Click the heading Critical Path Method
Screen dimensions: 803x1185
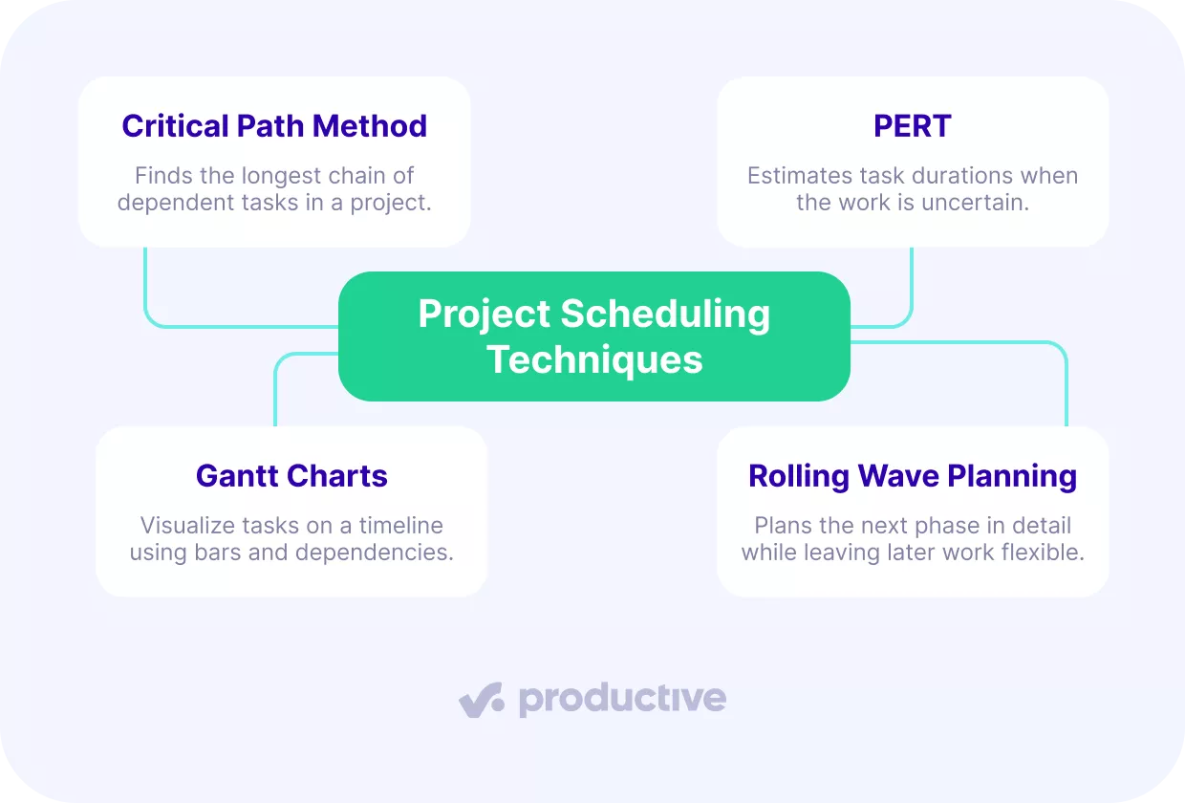pos(274,126)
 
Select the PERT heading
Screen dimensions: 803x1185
pos(913,126)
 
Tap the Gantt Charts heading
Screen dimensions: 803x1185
pos(291,476)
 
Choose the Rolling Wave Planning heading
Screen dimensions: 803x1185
pos(913,476)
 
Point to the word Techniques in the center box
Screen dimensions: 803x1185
pos(594,360)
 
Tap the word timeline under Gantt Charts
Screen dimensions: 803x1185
pos(400,526)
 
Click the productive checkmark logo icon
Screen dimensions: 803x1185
pos(481,701)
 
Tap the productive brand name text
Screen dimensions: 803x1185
pos(622,700)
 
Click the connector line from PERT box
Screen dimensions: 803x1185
pos(911,287)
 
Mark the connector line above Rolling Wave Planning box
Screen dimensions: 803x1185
pos(1066,382)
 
